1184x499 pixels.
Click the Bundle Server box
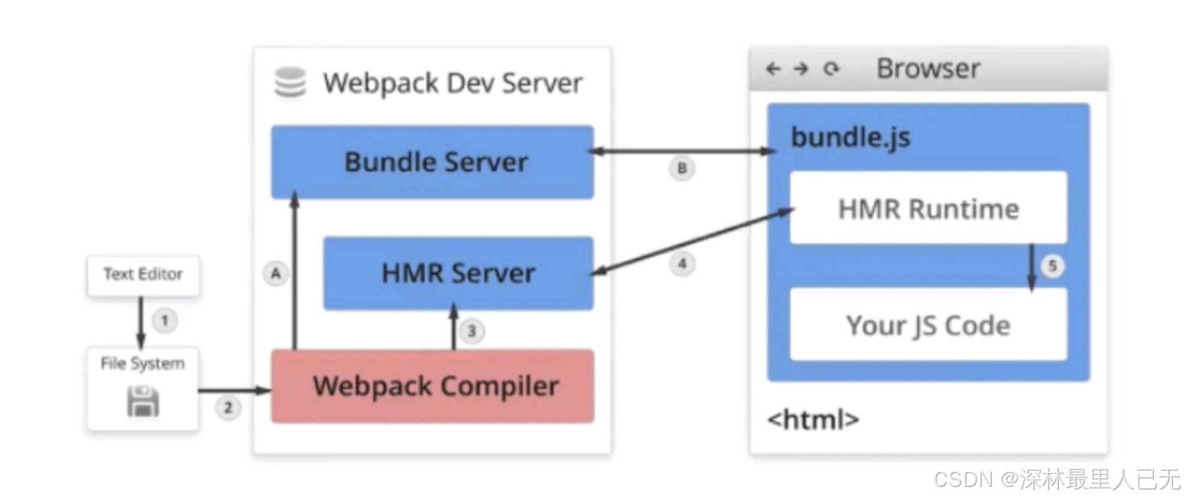[x=432, y=162]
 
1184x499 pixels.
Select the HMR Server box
[x=458, y=273]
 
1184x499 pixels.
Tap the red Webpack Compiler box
[x=432, y=386]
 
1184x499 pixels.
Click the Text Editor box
[x=143, y=275]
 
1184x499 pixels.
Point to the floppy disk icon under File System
[x=143, y=401]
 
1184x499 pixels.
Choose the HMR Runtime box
[x=927, y=208]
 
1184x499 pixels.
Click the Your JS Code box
[x=927, y=325]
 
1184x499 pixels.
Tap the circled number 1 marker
[x=165, y=322]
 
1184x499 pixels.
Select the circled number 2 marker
[x=227, y=408]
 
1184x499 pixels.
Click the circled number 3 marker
[x=470, y=331]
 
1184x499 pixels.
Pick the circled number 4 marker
[x=682, y=264]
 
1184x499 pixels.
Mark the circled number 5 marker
[x=1053, y=267]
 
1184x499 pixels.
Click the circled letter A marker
[x=275, y=274]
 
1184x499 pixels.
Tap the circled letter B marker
[x=682, y=169]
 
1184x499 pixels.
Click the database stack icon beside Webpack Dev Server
[x=290, y=83]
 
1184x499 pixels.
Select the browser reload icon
[x=830, y=69]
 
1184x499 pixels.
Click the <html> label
[x=812, y=420]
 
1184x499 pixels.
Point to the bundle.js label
[x=850, y=137]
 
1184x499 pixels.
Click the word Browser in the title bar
[x=927, y=69]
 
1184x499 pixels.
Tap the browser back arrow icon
[x=773, y=69]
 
